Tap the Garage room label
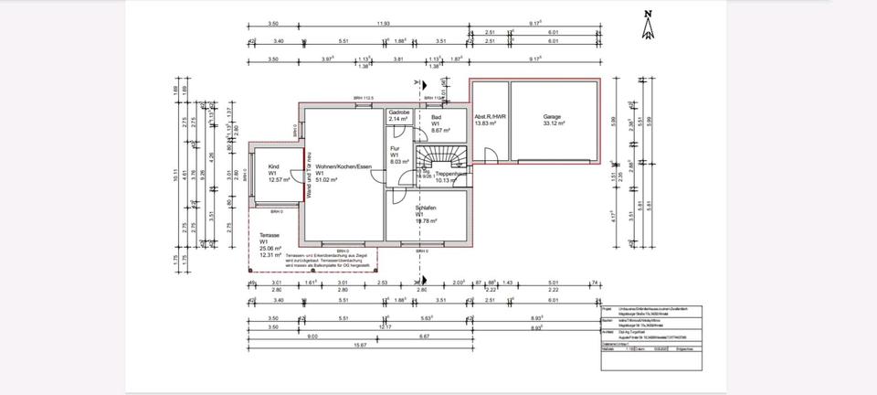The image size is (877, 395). pos(552,117)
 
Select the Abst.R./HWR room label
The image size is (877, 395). pos(491,117)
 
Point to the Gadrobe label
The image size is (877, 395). pos(399,112)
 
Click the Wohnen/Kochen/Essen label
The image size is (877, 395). pos(344,166)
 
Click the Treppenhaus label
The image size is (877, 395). pos(451,174)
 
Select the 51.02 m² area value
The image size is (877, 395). pos(327,180)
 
